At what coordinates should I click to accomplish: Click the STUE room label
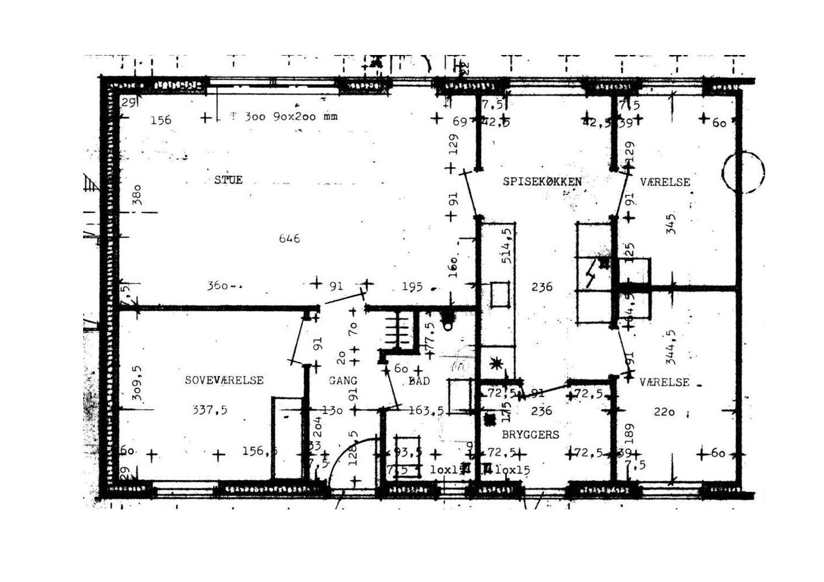pyautogui.click(x=228, y=180)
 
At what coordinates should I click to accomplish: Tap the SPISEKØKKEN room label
pyautogui.click(x=542, y=182)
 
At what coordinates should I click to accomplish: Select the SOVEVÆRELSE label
pyautogui.click(x=224, y=380)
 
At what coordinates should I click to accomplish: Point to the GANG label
pyautogui.click(x=343, y=380)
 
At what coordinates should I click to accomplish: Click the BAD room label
pyautogui.click(x=419, y=381)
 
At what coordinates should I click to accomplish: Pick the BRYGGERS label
pyautogui.click(x=531, y=435)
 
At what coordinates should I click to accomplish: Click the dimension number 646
pyautogui.click(x=290, y=238)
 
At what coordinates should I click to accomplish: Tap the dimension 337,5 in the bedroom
pyautogui.click(x=210, y=409)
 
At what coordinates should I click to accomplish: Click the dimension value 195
pyautogui.click(x=412, y=286)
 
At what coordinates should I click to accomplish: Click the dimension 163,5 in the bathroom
pyautogui.click(x=427, y=410)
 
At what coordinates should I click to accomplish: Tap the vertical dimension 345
pyautogui.click(x=670, y=224)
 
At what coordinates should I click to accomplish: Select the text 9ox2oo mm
pyautogui.click(x=305, y=117)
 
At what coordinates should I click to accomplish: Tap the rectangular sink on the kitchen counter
pyautogui.click(x=500, y=294)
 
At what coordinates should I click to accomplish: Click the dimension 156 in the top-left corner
pyautogui.click(x=161, y=119)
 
